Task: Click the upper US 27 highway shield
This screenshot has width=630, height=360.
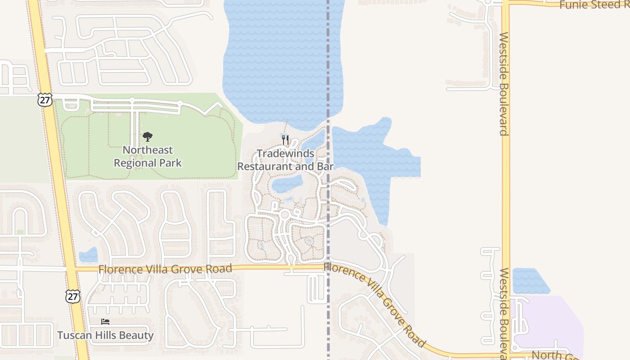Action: pos(45,99)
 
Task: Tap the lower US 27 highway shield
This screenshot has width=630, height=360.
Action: pos(73,296)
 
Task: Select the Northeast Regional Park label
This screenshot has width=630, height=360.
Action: pos(148,156)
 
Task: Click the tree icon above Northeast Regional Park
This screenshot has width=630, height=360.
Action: pos(147,137)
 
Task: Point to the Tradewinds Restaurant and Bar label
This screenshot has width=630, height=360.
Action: pos(285,160)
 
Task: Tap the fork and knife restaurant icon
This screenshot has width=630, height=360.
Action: pos(285,139)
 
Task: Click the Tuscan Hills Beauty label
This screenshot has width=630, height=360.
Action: pos(105,335)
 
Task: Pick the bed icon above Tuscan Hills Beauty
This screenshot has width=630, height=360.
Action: pos(105,322)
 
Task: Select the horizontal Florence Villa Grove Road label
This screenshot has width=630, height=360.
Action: pos(165,269)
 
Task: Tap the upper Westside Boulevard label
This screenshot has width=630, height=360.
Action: pos(504,84)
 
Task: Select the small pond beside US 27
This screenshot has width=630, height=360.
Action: pos(89,256)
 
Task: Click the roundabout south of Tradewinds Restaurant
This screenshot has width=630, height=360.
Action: pos(284,215)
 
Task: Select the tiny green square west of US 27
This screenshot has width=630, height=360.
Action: pos(20,232)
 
